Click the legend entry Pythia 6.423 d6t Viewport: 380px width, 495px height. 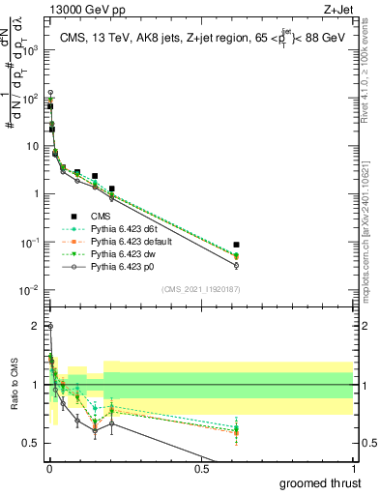coord(122,228)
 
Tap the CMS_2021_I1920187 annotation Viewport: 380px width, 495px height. coord(200,289)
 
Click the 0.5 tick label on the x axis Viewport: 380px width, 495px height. coord(201,468)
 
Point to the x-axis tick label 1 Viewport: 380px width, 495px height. coord(353,468)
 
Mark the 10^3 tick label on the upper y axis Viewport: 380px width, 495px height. coord(29,50)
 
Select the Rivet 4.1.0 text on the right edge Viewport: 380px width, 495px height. coord(372,87)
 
